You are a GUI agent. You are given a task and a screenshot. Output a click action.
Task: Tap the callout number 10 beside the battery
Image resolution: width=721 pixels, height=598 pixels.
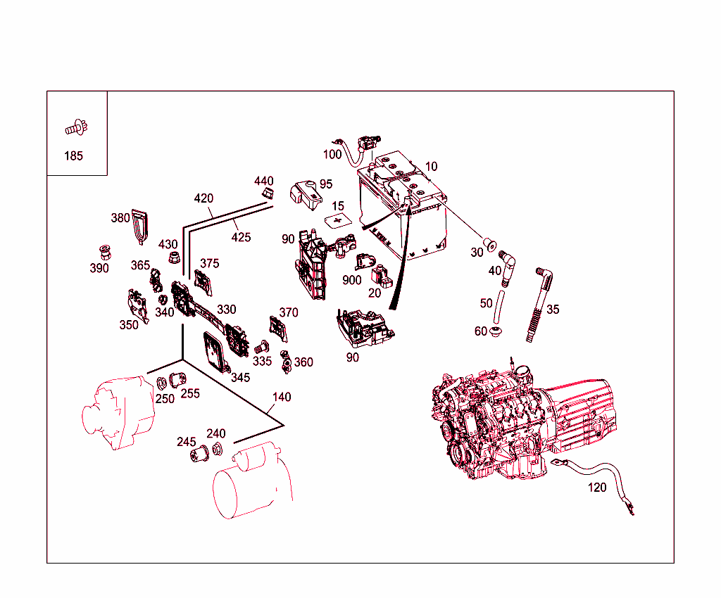pyautogui.click(x=431, y=167)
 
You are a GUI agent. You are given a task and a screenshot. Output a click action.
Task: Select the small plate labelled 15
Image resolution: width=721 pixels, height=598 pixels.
pyautogui.click(x=339, y=221)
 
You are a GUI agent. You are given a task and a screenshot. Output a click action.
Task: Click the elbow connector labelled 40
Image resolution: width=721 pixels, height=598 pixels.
pyautogui.click(x=508, y=267)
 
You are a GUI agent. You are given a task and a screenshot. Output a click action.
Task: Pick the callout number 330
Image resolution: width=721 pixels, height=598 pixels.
pyautogui.click(x=226, y=310)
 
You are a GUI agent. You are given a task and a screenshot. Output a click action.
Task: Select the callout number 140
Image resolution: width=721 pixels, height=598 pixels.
pyautogui.click(x=282, y=397)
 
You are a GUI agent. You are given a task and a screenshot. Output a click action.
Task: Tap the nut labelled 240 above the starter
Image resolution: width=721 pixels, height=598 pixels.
pyautogui.click(x=217, y=450)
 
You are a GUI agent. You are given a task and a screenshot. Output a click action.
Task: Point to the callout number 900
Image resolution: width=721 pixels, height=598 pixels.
pyautogui.click(x=351, y=280)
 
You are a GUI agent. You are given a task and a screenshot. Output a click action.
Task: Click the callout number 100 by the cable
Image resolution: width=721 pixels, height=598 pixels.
pyautogui.click(x=332, y=154)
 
